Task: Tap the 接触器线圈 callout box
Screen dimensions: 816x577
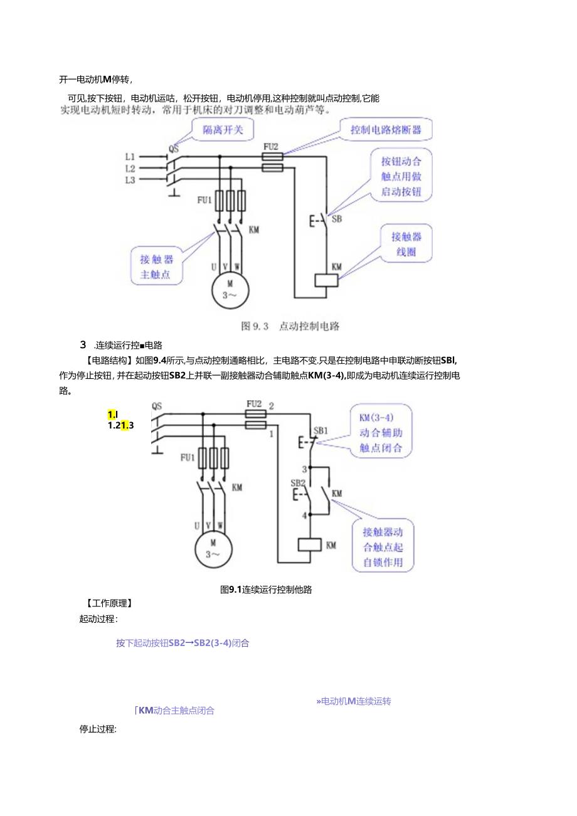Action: (406, 245)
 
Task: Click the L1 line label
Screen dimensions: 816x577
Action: (130, 156)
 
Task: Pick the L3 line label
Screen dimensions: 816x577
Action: (130, 180)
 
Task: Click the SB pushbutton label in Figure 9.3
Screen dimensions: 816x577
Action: (337, 219)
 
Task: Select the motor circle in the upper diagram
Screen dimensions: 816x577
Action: (230, 291)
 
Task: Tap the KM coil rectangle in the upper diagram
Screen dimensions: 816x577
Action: (326, 280)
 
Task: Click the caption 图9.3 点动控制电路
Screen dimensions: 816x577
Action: (290, 326)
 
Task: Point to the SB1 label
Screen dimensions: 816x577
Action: (320, 430)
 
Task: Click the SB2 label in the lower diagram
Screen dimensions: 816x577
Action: (297, 482)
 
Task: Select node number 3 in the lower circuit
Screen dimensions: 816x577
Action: (304, 469)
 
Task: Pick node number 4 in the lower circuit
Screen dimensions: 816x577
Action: (304, 516)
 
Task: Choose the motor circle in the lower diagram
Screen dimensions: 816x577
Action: (213, 548)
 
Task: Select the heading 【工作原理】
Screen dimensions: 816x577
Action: (109, 603)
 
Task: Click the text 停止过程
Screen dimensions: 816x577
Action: (98, 729)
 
